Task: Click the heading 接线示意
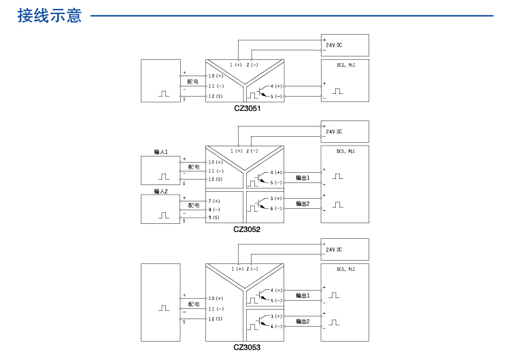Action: (x=50, y=16)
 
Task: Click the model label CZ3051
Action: (x=247, y=108)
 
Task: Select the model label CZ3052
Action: (x=247, y=229)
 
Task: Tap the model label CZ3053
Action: (x=247, y=346)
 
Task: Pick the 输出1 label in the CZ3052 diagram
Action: (x=303, y=178)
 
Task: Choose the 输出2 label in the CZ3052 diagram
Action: (x=303, y=203)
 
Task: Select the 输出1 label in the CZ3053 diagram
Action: (x=303, y=296)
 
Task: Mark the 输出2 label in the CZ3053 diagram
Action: (x=303, y=321)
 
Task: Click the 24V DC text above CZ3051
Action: (x=334, y=44)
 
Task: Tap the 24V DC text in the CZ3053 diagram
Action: (x=334, y=250)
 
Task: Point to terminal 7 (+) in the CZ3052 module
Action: (x=214, y=201)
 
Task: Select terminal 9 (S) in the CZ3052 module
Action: (x=214, y=218)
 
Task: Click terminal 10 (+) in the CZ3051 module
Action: (x=216, y=76)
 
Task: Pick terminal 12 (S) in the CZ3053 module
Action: (x=216, y=318)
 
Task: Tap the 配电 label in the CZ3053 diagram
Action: (x=194, y=305)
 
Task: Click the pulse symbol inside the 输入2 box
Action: (x=164, y=215)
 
